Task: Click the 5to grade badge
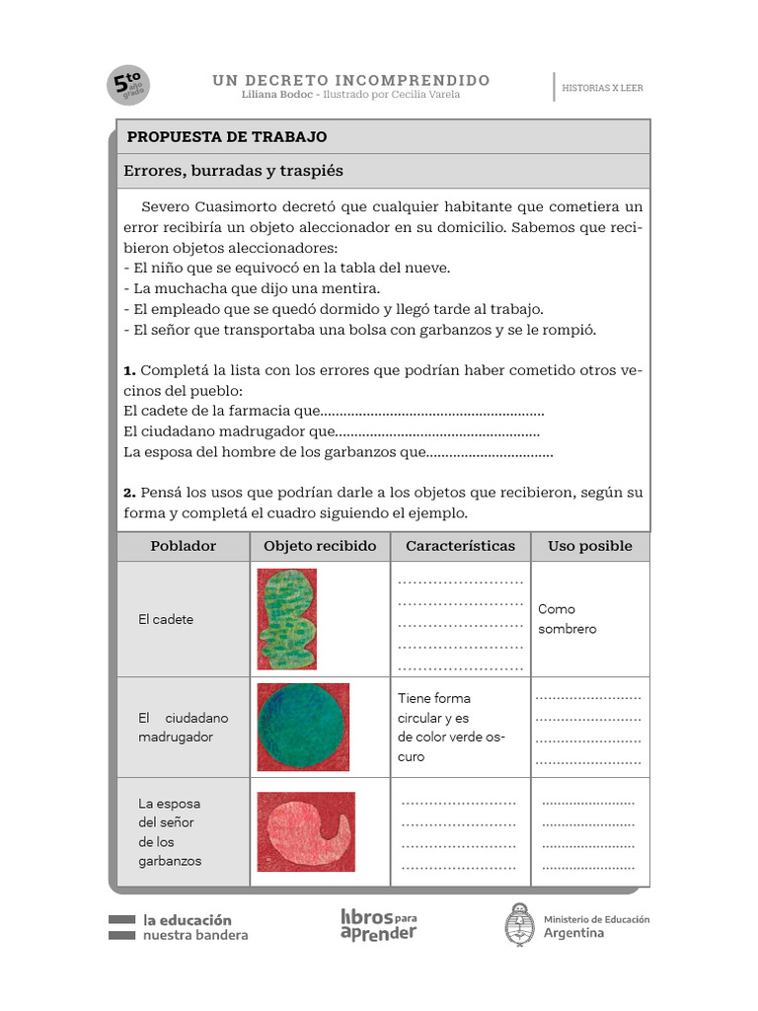[x=128, y=86]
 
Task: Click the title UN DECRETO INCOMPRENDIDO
[x=350, y=80]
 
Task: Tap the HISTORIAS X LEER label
[x=602, y=88]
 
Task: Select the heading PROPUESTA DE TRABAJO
[x=227, y=137]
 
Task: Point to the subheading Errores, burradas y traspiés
[x=234, y=171]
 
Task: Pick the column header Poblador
[x=183, y=546]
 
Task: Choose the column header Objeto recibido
[x=320, y=546]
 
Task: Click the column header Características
[x=460, y=546]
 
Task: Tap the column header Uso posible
[x=590, y=546]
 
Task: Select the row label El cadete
[x=166, y=619]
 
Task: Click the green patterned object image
[x=287, y=619]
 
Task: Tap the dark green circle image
[x=303, y=727]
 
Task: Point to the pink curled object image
[x=305, y=831]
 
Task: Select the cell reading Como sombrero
[x=568, y=619]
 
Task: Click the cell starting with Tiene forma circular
[x=450, y=727]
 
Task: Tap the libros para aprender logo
[x=378, y=924]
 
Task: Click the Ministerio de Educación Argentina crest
[x=520, y=925]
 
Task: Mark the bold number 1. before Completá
[x=129, y=370]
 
